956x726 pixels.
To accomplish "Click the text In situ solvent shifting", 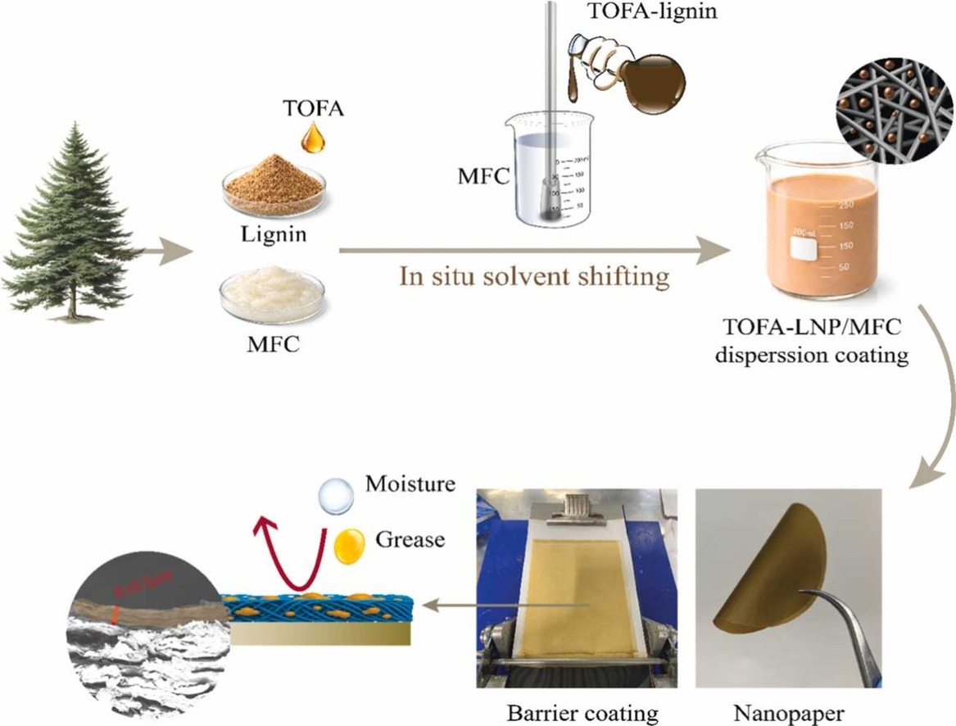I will [x=533, y=276].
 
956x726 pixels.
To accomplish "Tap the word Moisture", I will [x=410, y=483].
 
